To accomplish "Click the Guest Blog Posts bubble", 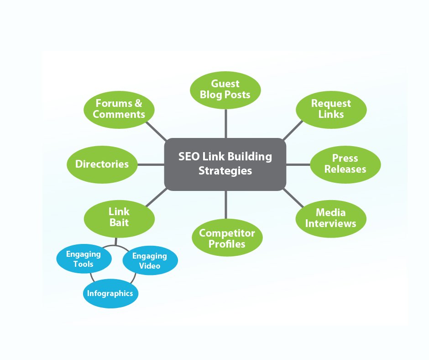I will pyautogui.click(x=225, y=89).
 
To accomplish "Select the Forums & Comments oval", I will pyautogui.click(x=119, y=109).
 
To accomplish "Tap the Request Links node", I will pyautogui.click(x=331, y=109).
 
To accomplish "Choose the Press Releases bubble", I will pyautogui.click(x=345, y=164).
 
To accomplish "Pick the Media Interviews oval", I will pyautogui.click(x=331, y=218).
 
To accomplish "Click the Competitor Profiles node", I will pyautogui.click(x=227, y=238).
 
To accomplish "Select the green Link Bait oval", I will pyautogui.click(x=119, y=217).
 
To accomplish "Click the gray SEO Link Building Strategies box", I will pyautogui.click(x=225, y=164).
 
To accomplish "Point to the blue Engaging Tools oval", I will pyautogui.click(x=80, y=259).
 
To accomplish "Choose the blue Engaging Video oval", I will pyautogui.click(x=150, y=261).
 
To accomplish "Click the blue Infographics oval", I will pyautogui.click(x=110, y=293).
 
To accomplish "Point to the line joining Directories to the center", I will pyautogui.click(x=151, y=164).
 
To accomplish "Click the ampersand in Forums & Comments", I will pyautogui.click(x=138, y=104).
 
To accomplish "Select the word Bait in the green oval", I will pyautogui.click(x=119, y=223).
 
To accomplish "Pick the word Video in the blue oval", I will pyautogui.click(x=150, y=266).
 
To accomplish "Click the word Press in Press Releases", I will pyautogui.click(x=345, y=158).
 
